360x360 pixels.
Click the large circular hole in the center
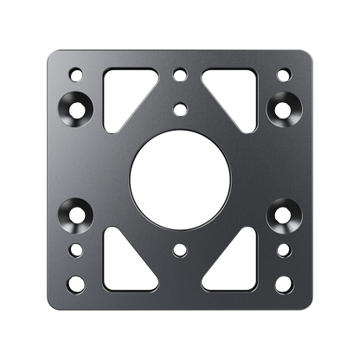point(179,179)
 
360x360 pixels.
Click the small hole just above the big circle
point(179,109)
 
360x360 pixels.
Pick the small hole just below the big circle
point(179,250)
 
